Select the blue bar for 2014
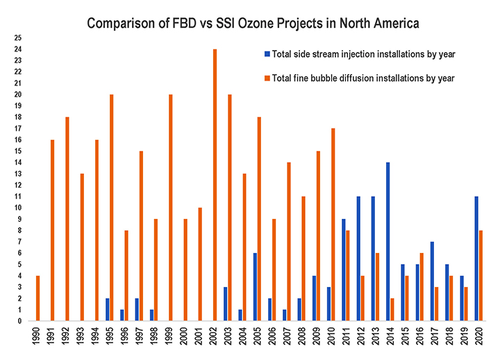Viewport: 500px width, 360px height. pyautogui.click(x=387, y=242)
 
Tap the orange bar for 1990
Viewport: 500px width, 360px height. pyautogui.click(x=37, y=298)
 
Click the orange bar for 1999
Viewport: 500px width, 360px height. pyautogui.click(x=171, y=208)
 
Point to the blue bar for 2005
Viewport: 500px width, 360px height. pyautogui.click(x=255, y=287)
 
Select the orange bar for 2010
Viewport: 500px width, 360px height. pyautogui.click(x=333, y=224)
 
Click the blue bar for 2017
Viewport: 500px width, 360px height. pyautogui.click(x=433, y=281)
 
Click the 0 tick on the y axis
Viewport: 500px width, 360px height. pyautogui.click(x=19, y=321)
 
